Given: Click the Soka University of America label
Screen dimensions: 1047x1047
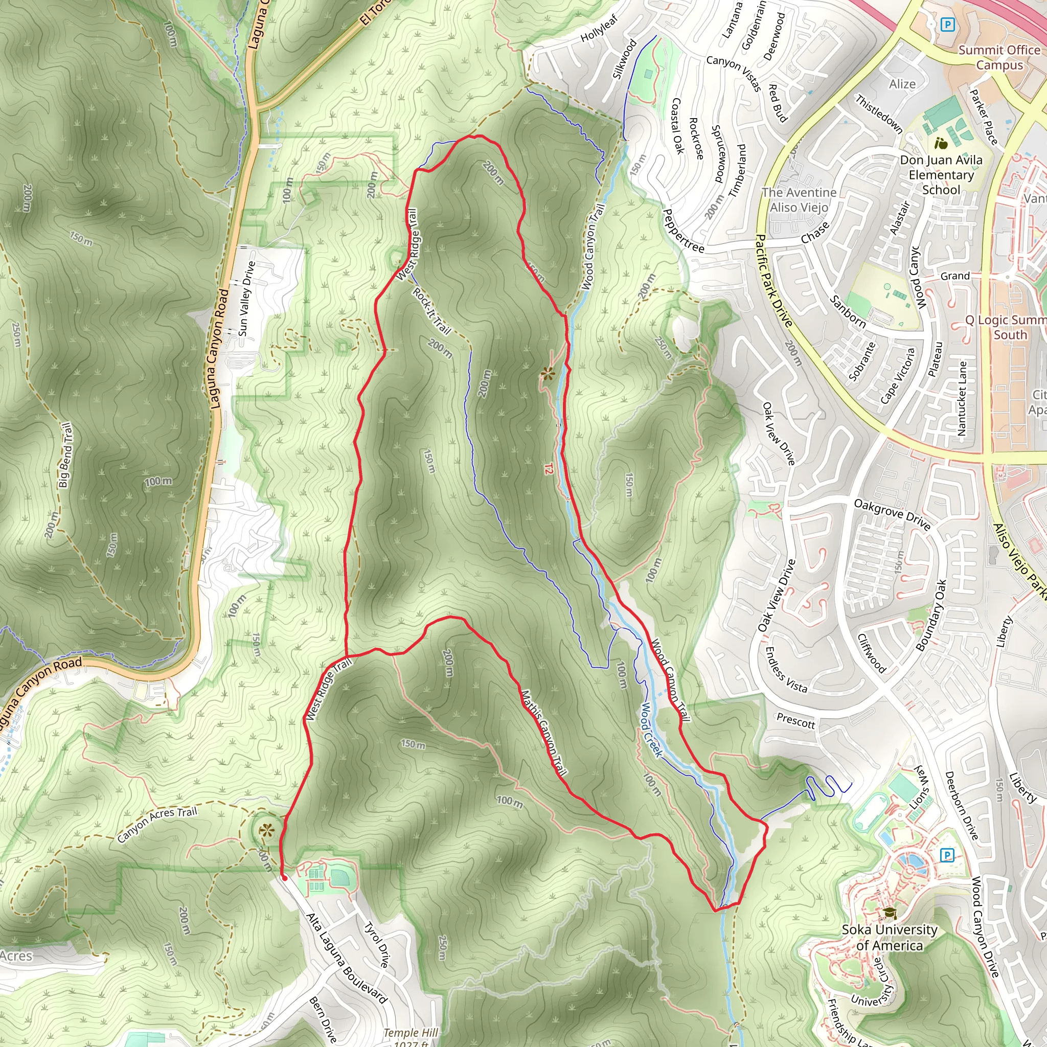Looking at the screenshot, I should pos(890,937).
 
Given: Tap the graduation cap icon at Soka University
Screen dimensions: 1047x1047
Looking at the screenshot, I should pos(890,913).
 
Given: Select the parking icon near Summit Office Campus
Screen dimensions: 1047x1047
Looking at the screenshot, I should pos(947,25).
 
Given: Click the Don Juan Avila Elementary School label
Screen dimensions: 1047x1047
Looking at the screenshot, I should pos(941,174).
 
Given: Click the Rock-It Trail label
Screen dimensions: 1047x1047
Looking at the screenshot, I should pos(432,310).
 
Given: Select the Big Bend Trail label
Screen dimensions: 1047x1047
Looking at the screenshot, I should pos(65,454).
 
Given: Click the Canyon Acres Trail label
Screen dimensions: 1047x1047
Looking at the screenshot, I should pos(157,824).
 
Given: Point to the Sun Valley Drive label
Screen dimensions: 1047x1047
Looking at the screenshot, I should pos(246,298).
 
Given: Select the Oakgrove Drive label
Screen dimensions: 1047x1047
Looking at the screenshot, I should pos(892,514).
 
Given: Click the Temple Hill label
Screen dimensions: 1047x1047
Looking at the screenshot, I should pos(410,1033).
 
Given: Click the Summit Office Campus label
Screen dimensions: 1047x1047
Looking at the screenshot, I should pos(999,57).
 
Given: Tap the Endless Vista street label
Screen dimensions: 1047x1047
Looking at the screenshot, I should pos(785,670).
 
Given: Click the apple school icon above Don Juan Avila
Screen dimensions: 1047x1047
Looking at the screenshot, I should pos(941,144).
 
